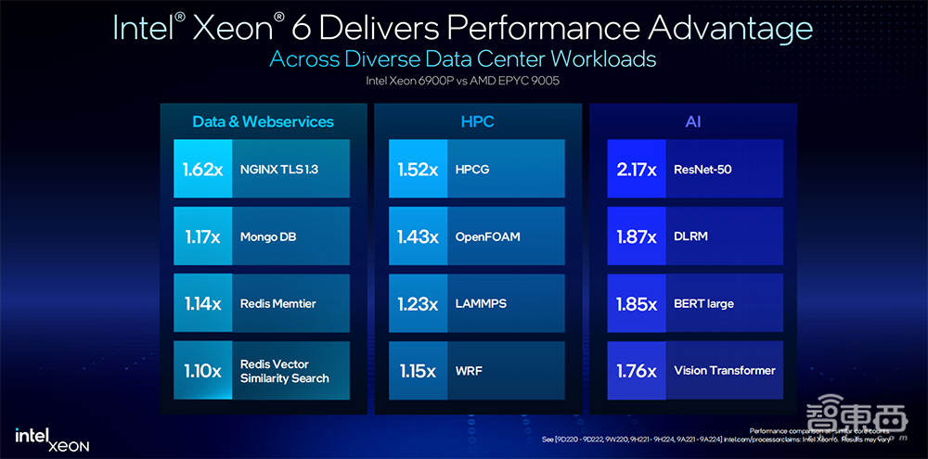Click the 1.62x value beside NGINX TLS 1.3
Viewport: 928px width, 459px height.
202,170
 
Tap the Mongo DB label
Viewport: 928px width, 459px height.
267,236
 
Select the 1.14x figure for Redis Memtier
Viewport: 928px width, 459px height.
202,303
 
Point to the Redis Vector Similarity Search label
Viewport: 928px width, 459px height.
284,371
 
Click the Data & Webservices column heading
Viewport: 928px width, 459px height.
263,121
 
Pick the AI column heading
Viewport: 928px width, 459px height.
693,121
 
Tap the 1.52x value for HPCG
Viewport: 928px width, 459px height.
418,170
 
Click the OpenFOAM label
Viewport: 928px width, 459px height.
487,236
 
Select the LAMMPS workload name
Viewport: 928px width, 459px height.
481,303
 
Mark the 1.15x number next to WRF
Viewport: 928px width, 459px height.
418,371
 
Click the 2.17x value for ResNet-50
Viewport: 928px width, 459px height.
637,170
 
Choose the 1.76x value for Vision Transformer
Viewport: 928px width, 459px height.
637,371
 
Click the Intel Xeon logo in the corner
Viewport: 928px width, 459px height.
52,439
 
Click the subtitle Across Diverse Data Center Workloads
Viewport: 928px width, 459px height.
462,58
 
